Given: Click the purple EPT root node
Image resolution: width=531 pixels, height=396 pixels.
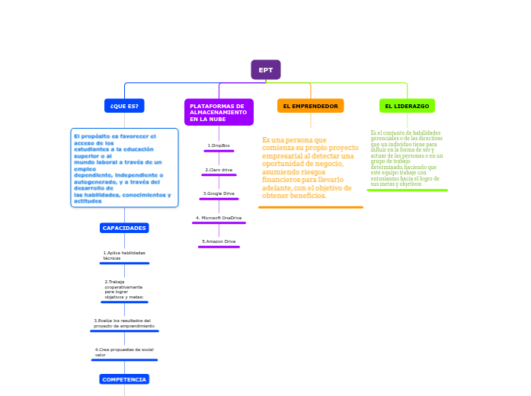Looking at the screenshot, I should click(x=265, y=70).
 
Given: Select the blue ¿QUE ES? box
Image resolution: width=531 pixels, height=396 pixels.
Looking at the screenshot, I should click(x=124, y=106).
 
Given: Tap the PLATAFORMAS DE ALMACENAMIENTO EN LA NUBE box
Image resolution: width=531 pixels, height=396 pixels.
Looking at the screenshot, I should click(x=219, y=113).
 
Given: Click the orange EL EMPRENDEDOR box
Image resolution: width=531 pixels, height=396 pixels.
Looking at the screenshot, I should click(x=310, y=106).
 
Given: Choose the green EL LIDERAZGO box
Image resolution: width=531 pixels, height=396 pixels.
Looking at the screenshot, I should click(x=407, y=106).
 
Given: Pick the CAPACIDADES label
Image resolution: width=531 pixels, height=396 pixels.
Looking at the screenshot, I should click(x=124, y=228).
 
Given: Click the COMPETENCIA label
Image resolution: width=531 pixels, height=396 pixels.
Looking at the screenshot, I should click(x=124, y=379).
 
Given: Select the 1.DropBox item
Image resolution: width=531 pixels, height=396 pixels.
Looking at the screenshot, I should click(x=219, y=145).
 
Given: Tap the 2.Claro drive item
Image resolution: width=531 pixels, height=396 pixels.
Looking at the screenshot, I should click(x=219, y=169).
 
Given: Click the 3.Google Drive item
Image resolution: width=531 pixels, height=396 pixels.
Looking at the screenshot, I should click(x=219, y=193).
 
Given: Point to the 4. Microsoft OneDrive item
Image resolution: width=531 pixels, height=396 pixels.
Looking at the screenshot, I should click(x=219, y=218).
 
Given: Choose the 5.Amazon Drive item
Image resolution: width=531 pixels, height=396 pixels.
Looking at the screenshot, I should click(x=219, y=241).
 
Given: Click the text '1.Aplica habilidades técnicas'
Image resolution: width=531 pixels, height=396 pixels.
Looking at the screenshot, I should click(x=124, y=255).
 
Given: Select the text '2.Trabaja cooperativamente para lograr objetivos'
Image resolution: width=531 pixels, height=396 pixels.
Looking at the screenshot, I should click(x=124, y=289).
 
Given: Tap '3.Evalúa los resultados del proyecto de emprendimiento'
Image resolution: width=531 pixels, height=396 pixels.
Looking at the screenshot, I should click(x=124, y=323).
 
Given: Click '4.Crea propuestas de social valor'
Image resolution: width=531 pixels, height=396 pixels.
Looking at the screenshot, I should click(x=124, y=352).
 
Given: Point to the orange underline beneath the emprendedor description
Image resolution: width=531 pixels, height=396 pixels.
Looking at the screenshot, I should click(x=310, y=207).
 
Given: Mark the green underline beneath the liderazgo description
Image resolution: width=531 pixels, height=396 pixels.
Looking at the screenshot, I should click(x=407, y=190).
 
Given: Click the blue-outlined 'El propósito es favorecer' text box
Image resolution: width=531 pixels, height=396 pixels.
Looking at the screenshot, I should click(x=124, y=168).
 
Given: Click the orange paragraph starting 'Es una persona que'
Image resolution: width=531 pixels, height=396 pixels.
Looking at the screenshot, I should click(x=310, y=168).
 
